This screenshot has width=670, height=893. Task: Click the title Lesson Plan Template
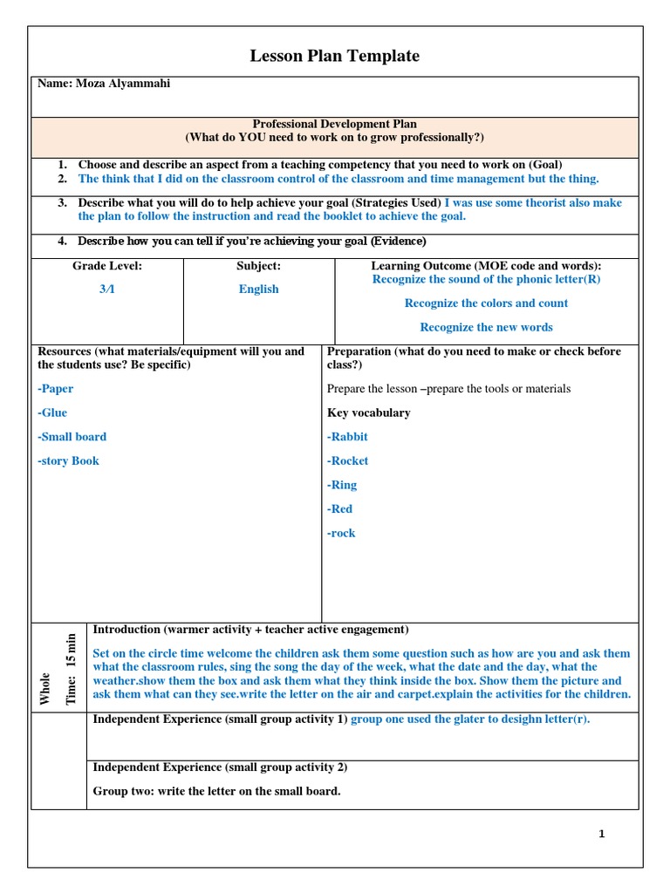335,57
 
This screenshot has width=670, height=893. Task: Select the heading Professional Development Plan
335,125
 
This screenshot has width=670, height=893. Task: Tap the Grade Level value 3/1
106,289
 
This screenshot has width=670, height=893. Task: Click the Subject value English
259,289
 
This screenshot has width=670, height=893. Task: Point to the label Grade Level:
106,266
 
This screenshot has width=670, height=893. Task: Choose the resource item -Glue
52,412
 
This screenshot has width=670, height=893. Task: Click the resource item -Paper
56,389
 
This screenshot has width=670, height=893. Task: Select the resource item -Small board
72,437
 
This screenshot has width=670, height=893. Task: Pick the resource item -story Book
69,460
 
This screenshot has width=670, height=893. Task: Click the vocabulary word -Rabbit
347,437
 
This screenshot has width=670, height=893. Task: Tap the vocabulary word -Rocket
347,460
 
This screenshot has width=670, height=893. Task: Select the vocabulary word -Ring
342,485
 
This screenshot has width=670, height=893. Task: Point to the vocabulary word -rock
341,533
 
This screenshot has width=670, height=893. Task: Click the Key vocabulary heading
368,412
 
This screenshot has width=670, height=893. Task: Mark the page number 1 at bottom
602,834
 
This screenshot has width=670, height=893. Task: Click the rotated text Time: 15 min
72,668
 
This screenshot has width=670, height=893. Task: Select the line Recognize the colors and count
486,303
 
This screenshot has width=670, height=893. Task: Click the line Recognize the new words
486,327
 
